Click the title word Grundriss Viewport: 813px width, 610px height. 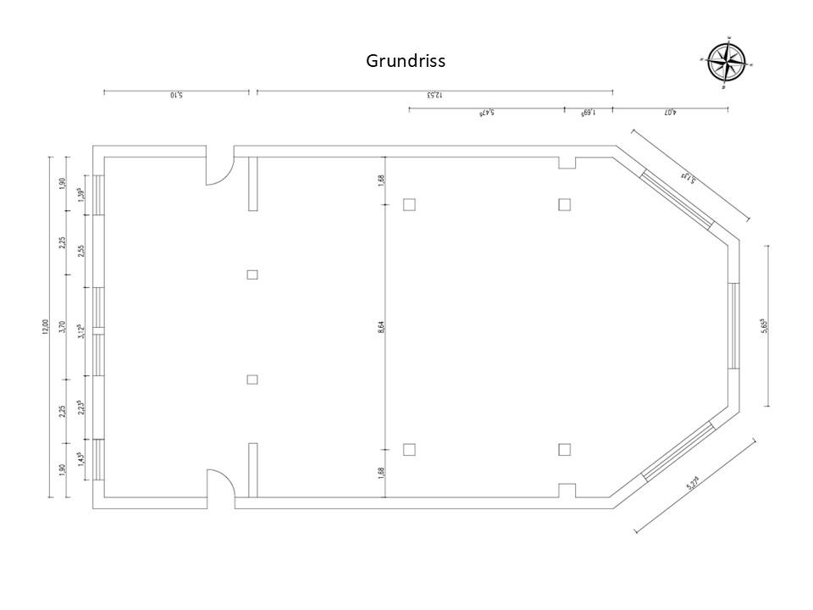click(406, 61)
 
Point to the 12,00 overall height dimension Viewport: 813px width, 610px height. click(46, 326)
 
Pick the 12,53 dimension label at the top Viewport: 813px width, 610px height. click(434, 96)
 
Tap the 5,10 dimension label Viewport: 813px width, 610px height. click(176, 96)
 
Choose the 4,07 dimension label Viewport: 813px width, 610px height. click(670, 113)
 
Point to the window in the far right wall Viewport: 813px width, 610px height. click(733, 326)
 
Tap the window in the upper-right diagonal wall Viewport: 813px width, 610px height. click(678, 198)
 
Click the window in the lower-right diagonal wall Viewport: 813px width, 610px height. click(679, 452)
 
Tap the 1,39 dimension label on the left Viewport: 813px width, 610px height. click(80, 193)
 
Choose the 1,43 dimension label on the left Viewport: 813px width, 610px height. click(80, 458)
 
